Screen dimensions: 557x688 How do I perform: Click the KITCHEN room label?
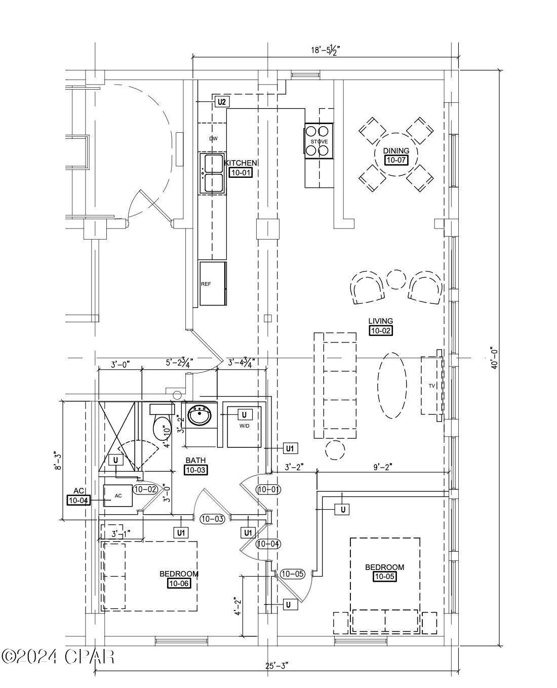[241, 163]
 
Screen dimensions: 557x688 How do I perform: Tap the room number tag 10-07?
[396, 160]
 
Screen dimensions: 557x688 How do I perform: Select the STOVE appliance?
[319, 141]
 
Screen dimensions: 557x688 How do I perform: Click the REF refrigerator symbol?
[213, 283]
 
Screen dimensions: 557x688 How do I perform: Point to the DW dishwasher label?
[213, 139]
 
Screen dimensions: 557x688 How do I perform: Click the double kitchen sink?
[212, 173]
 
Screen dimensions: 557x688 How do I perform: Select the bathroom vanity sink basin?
[200, 416]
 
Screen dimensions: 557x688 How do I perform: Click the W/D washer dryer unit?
[244, 427]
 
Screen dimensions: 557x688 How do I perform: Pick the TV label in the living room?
[432, 386]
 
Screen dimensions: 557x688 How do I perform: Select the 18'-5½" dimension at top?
[325, 50]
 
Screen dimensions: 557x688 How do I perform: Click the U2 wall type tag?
[222, 102]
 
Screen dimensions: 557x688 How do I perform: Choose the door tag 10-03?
[212, 519]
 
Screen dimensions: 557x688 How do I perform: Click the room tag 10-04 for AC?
[78, 501]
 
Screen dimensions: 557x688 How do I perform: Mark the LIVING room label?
[381, 321]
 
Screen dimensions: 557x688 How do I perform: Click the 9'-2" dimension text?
[382, 467]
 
